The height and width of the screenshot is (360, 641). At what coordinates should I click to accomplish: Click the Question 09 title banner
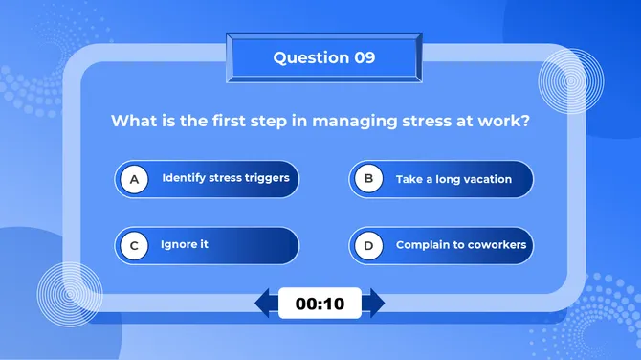tap(323, 57)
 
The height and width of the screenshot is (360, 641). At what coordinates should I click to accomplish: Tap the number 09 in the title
tap(365, 57)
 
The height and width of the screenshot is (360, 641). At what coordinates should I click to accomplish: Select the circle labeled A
tap(134, 179)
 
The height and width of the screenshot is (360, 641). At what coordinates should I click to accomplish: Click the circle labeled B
tap(367, 179)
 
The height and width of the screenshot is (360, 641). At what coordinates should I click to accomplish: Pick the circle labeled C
tap(134, 246)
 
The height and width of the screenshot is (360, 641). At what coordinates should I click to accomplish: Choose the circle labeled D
tap(367, 246)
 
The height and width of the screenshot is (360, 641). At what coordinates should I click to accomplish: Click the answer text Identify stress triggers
tap(225, 178)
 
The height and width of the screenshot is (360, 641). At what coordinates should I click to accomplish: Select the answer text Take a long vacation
tap(453, 179)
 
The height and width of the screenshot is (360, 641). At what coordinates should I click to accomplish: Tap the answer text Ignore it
tap(185, 245)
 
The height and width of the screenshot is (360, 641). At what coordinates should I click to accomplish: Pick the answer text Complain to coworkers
tap(461, 245)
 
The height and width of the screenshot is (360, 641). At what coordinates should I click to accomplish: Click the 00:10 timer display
tap(320, 304)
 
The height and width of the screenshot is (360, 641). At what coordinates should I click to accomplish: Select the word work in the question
tap(506, 122)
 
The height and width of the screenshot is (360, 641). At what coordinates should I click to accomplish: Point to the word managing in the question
tap(346, 123)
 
